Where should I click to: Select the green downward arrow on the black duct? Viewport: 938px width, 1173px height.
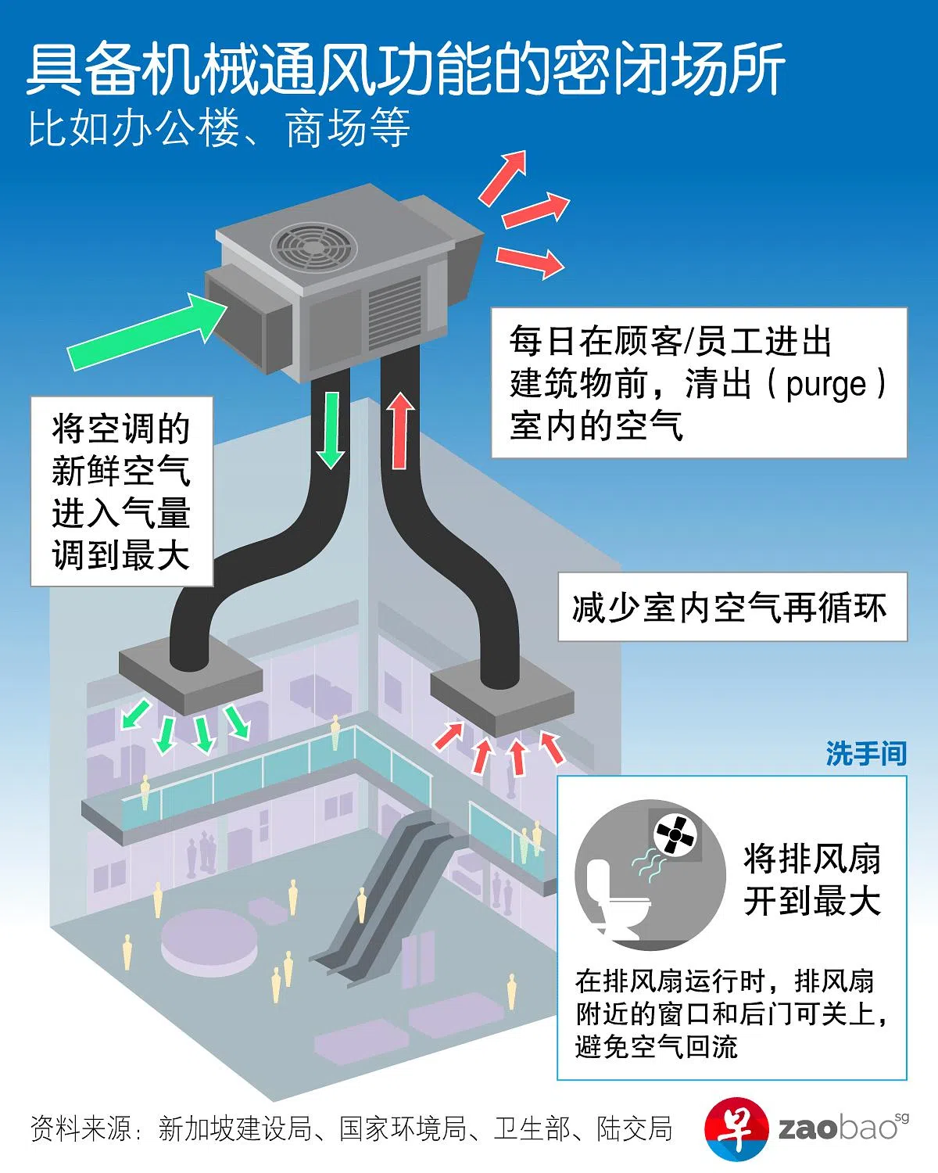click(331, 429)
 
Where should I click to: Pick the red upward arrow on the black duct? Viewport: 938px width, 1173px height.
click(400, 430)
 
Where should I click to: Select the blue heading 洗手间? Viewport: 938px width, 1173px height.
click(865, 754)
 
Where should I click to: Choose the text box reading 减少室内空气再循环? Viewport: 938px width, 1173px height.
click(732, 608)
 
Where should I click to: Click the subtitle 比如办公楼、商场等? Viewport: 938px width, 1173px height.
click(219, 129)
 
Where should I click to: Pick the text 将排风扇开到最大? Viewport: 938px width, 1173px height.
click(811, 880)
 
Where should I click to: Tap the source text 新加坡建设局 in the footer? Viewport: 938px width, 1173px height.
click(234, 1128)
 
